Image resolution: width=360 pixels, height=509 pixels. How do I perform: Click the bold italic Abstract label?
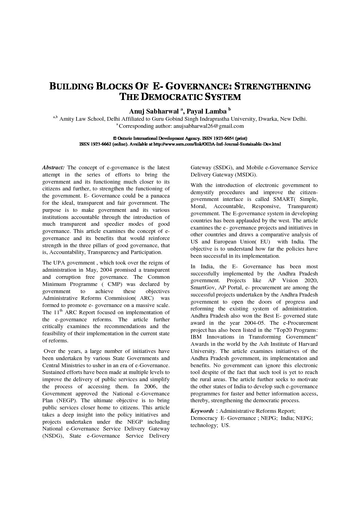point(53,168)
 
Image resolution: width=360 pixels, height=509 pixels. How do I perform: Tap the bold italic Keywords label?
point(202,411)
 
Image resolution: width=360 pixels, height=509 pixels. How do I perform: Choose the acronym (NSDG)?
point(53,436)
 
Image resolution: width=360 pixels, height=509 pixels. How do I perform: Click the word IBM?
point(196,337)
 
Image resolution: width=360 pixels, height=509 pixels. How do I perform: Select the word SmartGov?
point(201,288)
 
